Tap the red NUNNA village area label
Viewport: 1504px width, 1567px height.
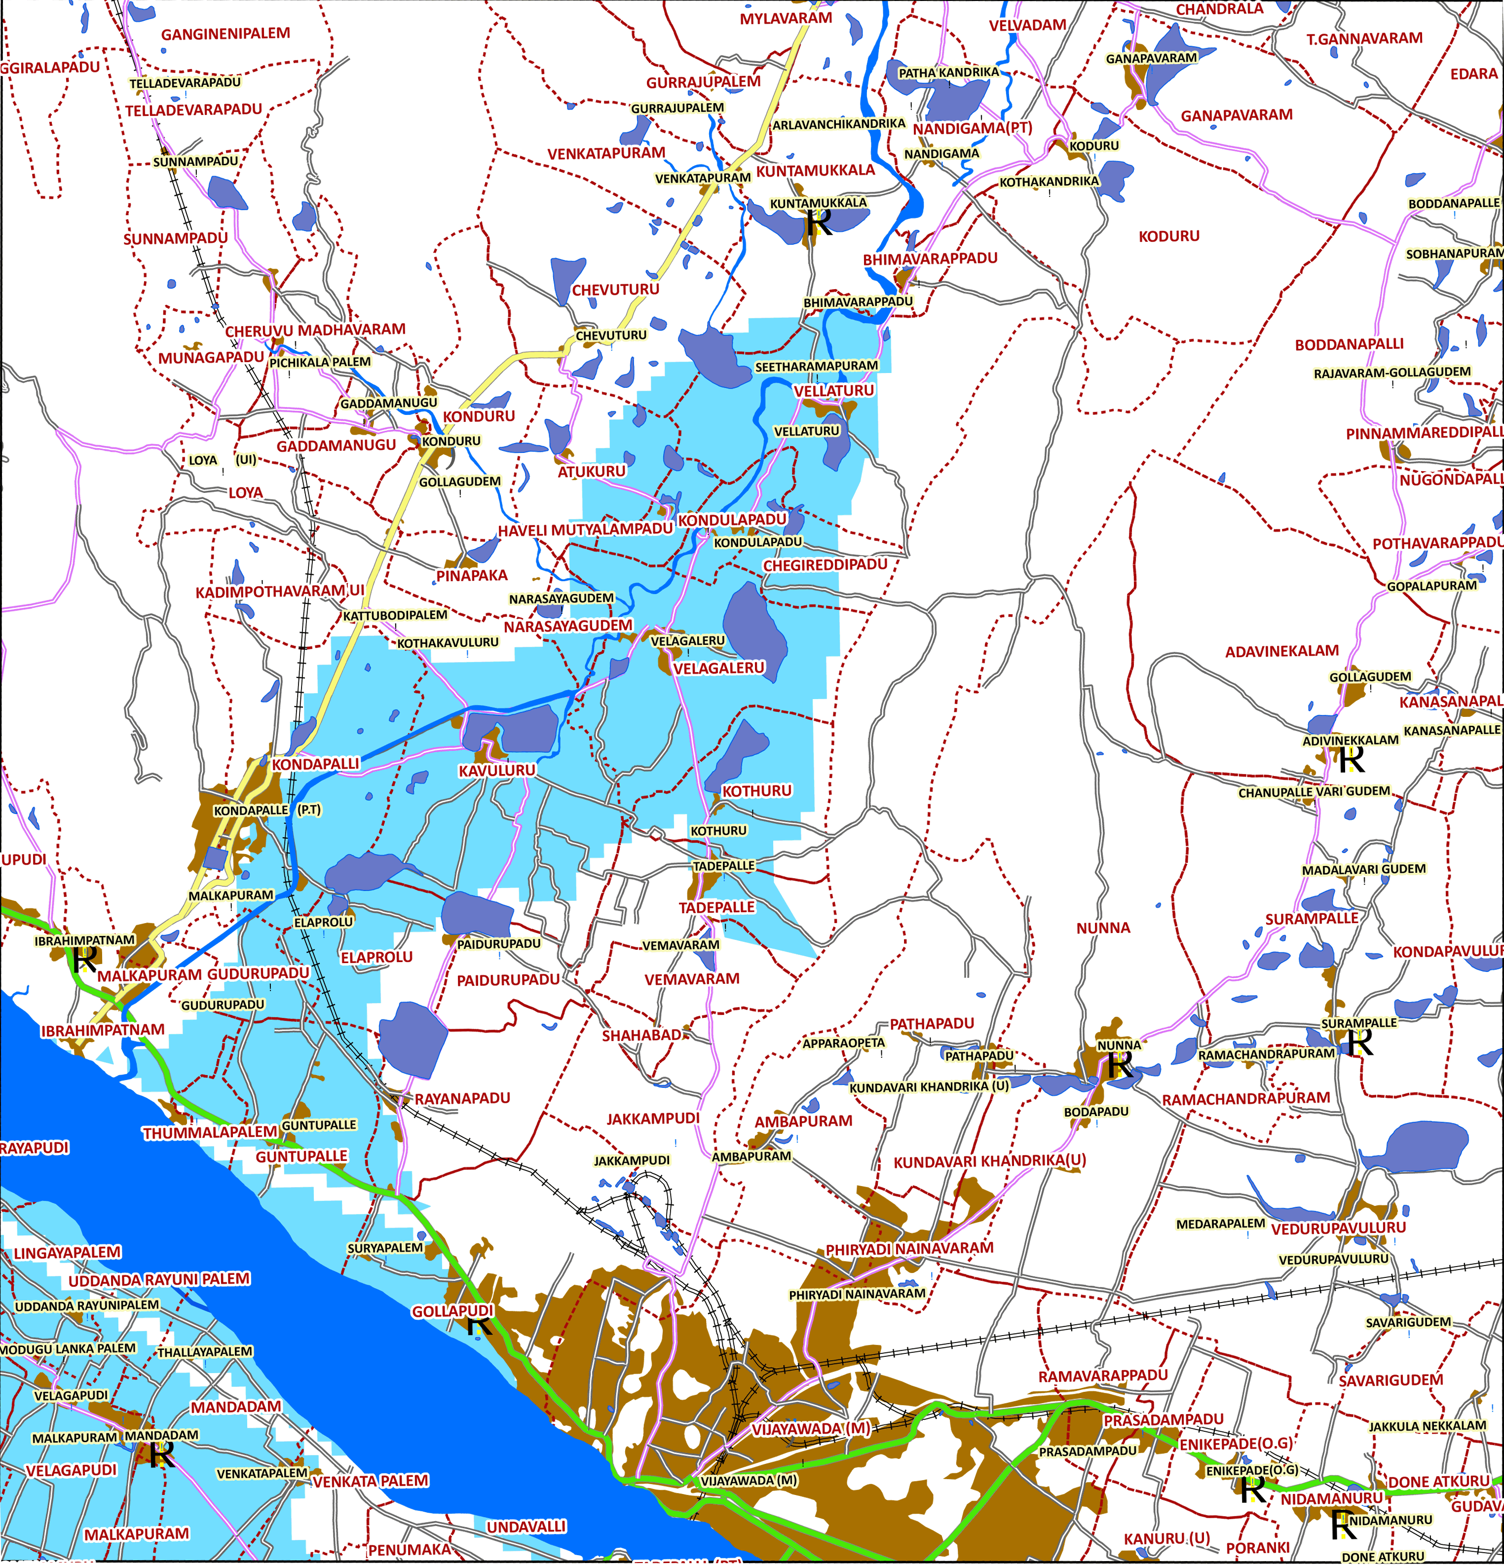[x=1103, y=928]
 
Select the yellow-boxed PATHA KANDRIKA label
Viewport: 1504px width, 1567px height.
[x=948, y=73]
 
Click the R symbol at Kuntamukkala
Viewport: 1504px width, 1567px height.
[x=819, y=223]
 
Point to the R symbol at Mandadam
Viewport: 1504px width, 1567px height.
[x=162, y=1455]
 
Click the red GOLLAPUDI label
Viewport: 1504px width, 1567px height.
[x=452, y=1311]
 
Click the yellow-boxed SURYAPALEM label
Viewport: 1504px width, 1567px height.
[x=384, y=1248]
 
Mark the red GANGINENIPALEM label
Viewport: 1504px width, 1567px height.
[x=226, y=34]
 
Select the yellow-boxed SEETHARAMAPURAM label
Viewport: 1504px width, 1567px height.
[x=816, y=366]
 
